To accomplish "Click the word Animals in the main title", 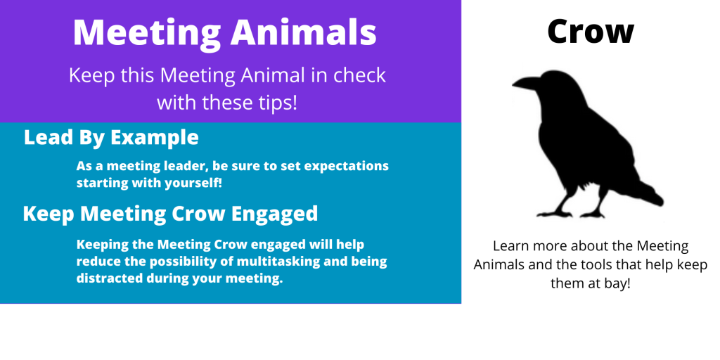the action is [x=304, y=33].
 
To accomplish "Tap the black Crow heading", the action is [x=591, y=31].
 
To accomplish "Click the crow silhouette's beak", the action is [x=527, y=83].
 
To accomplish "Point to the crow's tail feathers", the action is [x=648, y=193].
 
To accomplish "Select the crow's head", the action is [x=558, y=87].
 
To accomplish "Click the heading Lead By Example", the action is [x=111, y=138].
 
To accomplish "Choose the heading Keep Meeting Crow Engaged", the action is [x=170, y=214].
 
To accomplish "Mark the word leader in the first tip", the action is [x=179, y=166].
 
